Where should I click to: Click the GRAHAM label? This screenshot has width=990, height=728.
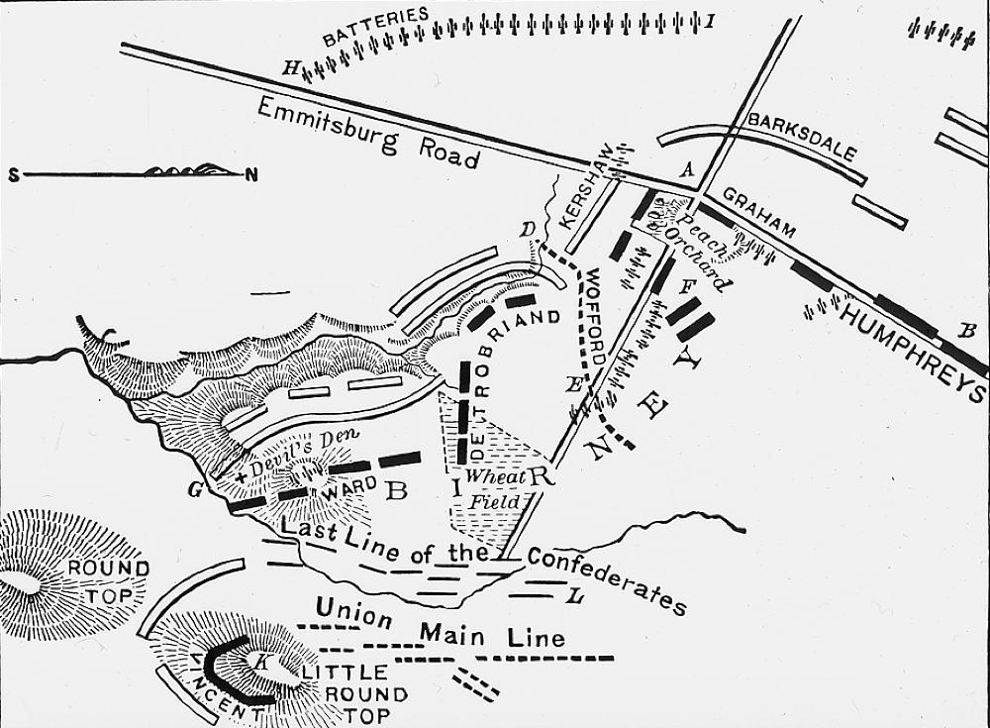758,213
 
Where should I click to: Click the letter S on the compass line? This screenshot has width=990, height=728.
14,175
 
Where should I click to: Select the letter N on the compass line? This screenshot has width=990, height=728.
251,175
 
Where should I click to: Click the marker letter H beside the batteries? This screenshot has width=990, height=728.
290,67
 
